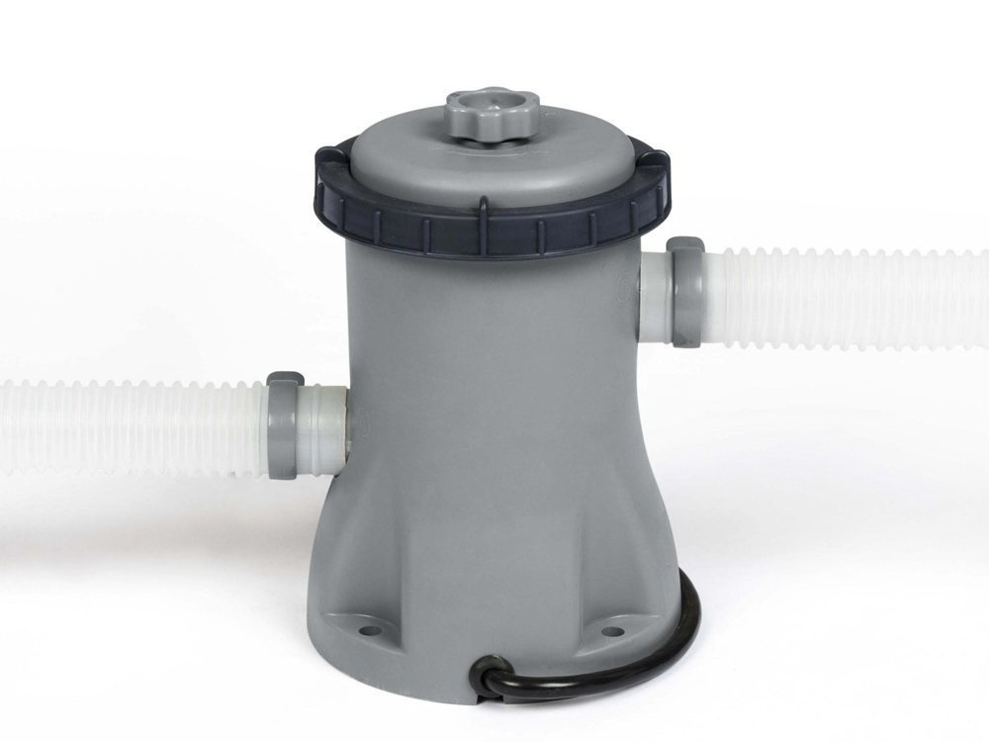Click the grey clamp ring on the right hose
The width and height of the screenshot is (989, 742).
pyautogui.click(x=684, y=293)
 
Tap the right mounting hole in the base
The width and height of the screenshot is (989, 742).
pyautogui.click(x=612, y=630)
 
